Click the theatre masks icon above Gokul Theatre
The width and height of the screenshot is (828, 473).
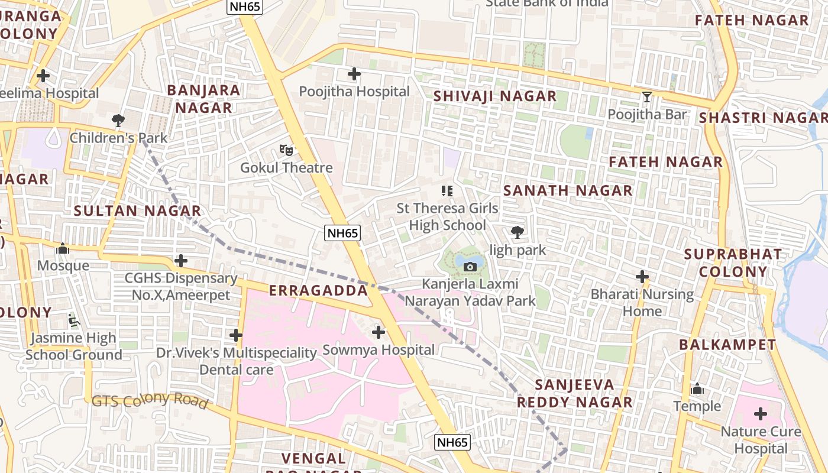pyautogui.click(x=286, y=150)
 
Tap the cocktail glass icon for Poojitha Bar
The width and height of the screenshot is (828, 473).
pyautogui.click(x=647, y=96)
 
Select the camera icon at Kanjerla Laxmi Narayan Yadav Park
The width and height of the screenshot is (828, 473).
pyautogui.click(x=470, y=267)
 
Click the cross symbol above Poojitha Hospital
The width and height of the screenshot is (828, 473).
pyautogui.click(x=354, y=74)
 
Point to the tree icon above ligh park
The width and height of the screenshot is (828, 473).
pyautogui.click(x=517, y=232)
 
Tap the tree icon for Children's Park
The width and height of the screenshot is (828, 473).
pyautogui.click(x=118, y=121)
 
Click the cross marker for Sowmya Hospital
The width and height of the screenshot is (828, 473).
pyautogui.click(x=379, y=332)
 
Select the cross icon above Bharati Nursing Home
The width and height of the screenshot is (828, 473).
pyautogui.click(x=642, y=276)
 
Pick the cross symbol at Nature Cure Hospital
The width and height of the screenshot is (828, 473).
pyautogui.click(x=761, y=413)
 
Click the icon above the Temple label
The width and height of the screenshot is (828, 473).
pyautogui.click(x=698, y=389)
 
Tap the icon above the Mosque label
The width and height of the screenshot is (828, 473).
pyautogui.click(x=63, y=248)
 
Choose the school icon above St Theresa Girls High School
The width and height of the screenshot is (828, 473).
pyautogui.click(x=448, y=190)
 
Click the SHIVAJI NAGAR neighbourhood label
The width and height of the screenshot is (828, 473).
pyautogui.click(x=495, y=96)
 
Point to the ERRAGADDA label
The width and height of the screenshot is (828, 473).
pyautogui.click(x=318, y=291)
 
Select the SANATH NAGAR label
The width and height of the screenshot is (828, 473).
pyautogui.click(x=568, y=190)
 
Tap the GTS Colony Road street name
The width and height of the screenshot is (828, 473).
pyautogui.click(x=150, y=400)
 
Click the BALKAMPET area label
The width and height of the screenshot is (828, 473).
pyautogui.click(x=727, y=345)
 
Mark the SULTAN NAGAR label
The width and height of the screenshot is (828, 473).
pyautogui.click(x=137, y=210)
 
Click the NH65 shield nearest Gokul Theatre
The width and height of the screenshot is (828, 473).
pyautogui.click(x=343, y=233)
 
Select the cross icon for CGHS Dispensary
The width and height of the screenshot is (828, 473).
pyautogui.click(x=181, y=261)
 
